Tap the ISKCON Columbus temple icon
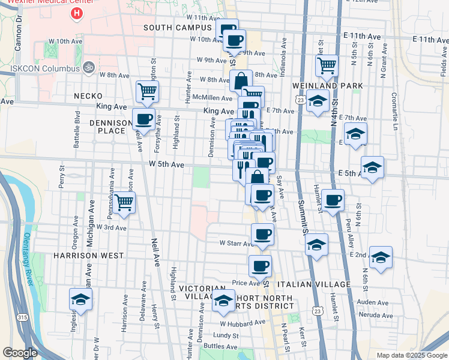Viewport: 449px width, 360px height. click(x=89, y=67)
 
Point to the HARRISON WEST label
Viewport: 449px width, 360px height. click(x=88, y=256)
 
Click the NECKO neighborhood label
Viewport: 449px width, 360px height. click(x=88, y=96)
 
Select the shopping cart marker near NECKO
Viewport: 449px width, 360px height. click(x=147, y=92)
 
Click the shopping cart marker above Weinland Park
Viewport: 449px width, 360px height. click(x=326, y=65)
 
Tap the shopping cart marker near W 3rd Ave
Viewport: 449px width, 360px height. click(x=124, y=202)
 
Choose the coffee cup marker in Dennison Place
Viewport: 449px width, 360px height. click(x=143, y=119)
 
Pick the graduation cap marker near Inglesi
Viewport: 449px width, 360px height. click(x=80, y=299)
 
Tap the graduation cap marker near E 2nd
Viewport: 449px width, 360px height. click(x=381, y=257)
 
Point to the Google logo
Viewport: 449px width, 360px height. click(x=20, y=353)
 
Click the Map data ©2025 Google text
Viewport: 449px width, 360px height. click(x=411, y=355)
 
